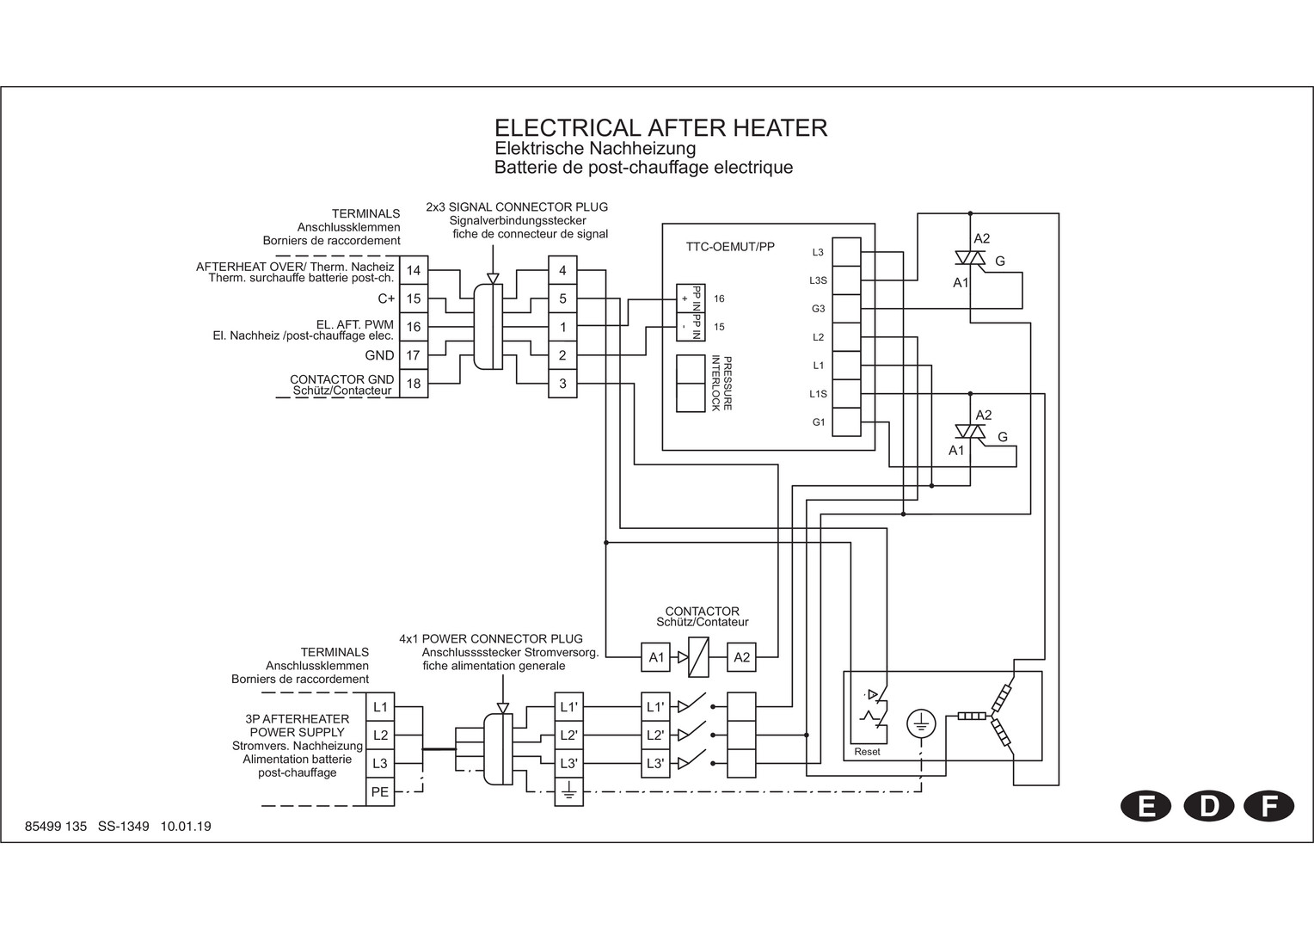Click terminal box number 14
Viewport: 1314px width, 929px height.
(x=414, y=270)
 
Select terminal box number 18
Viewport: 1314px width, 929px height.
(x=414, y=384)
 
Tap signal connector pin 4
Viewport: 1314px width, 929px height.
(x=562, y=270)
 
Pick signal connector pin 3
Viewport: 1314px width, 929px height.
(x=562, y=384)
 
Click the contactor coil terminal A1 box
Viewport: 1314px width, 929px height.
(x=656, y=657)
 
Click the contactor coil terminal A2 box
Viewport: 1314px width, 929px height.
(x=741, y=657)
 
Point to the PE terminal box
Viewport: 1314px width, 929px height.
(x=380, y=791)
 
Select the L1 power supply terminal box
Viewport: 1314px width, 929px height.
(x=380, y=707)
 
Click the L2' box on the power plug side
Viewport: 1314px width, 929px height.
(x=569, y=735)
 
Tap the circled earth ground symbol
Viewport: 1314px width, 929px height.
(x=921, y=724)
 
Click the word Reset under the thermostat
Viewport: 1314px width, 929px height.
(x=867, y=752)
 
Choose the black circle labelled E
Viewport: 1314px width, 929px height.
(x=1145, y=806)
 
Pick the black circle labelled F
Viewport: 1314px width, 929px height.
(x=1268, y=806)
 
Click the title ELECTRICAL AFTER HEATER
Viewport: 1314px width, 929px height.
(x=660, y=128)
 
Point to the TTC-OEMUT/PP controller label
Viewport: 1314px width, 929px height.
(x=730, y=247)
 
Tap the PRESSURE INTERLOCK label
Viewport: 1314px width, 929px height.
(x=721, y=383)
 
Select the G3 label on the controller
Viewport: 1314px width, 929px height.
(x=818, y=309)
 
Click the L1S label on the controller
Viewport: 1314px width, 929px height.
(x=818, y=394)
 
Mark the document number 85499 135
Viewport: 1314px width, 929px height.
(x=57, y=827)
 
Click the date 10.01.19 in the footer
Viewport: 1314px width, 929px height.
(x=186, y=827)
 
